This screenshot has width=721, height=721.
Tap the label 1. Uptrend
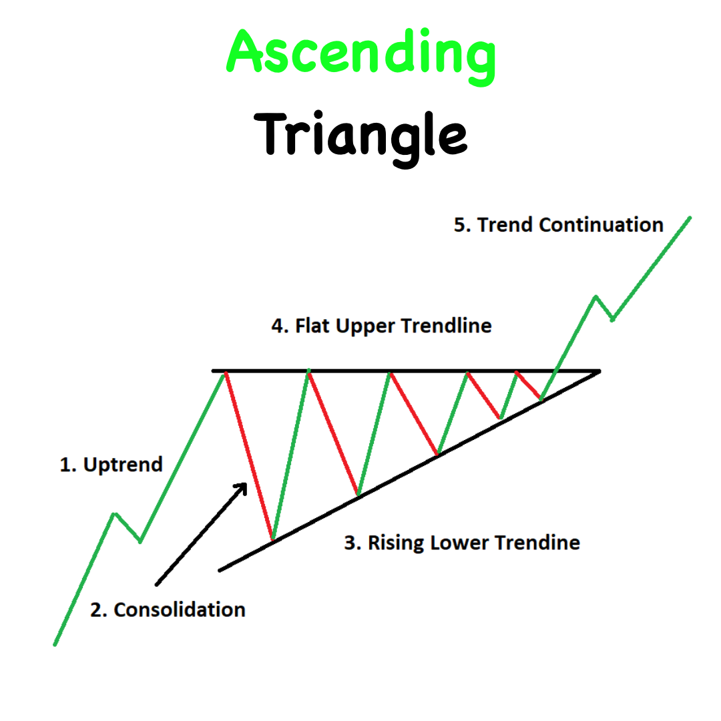(x=111, y=465)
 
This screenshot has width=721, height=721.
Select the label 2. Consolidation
(x=168, y=610)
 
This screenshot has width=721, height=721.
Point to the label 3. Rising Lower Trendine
(x=462, y=543)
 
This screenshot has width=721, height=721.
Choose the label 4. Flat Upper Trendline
(x=382, y=326)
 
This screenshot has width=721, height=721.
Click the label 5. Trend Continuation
(x=559, y=225)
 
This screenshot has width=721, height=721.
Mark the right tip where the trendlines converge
(x=599, y=371)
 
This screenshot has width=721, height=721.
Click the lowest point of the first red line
(x=272, y=539)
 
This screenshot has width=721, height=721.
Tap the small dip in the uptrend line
(x=140, y=541)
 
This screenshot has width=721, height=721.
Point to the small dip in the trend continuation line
(x=612, y=319)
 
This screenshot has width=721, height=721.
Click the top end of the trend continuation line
(x=690, y=218)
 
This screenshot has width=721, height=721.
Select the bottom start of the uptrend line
(x=55, y=645)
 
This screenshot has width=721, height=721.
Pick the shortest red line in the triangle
(x=528, y=385)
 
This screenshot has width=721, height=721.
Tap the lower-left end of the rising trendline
(x=220, y=571)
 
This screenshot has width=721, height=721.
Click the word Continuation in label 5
(x=601, y=225)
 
